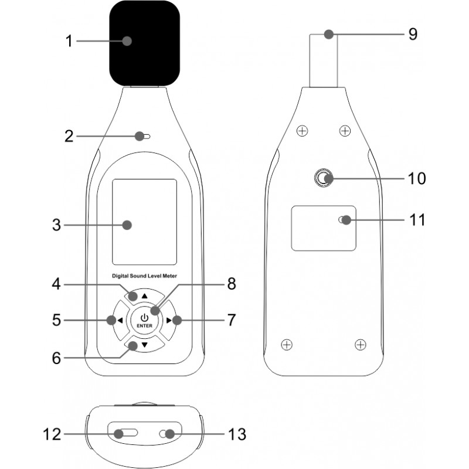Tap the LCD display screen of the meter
coord(144,221)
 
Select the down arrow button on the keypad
coord(144,346)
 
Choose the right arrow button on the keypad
coord(170,320)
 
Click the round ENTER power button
coord(144,320)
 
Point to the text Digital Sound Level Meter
coord(144,275)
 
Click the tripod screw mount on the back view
coord(323,178)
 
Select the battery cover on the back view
coord(324,228)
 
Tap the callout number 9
coord(413,34)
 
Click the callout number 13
coord(237,434)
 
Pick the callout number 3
coord(56,225)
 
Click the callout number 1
coord(69,41)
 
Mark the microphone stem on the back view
coord(324,62)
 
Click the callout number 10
coord(417,178)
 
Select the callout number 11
coord(417,220)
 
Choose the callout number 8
coord(232,284)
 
